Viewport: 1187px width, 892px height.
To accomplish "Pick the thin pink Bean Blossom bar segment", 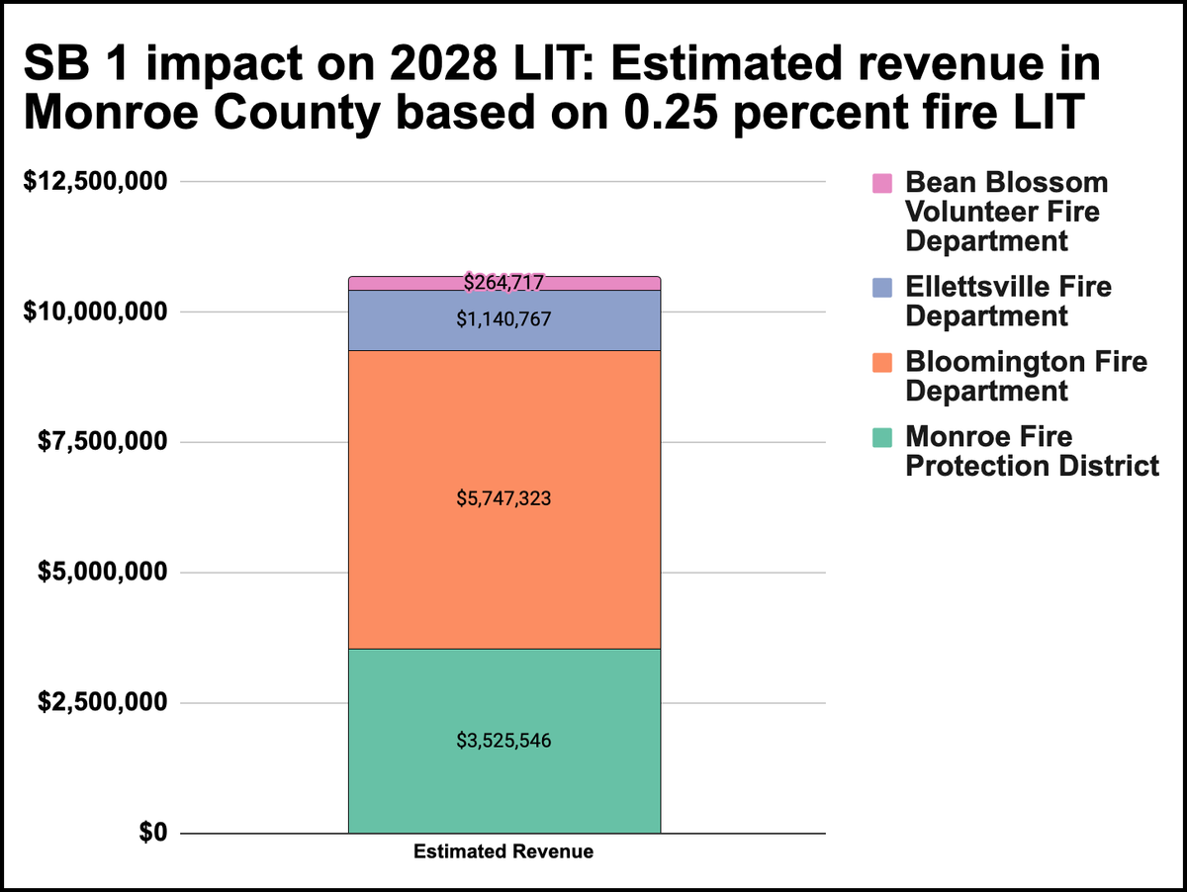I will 396,284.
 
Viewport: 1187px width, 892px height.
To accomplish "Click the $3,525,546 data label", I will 503,740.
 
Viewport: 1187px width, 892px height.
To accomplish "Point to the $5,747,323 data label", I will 503,499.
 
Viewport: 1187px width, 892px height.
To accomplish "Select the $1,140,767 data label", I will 503,319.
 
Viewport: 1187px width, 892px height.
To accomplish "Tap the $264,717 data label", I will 503,283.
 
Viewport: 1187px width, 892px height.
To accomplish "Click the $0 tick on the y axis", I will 149,833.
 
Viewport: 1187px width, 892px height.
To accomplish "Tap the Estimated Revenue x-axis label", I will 503,851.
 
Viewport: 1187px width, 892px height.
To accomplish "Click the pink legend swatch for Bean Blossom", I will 881,183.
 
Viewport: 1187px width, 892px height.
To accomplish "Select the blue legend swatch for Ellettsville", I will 881,287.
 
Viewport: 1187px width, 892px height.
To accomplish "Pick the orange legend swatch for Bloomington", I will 881,362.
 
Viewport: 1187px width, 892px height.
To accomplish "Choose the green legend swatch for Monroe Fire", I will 881,437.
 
